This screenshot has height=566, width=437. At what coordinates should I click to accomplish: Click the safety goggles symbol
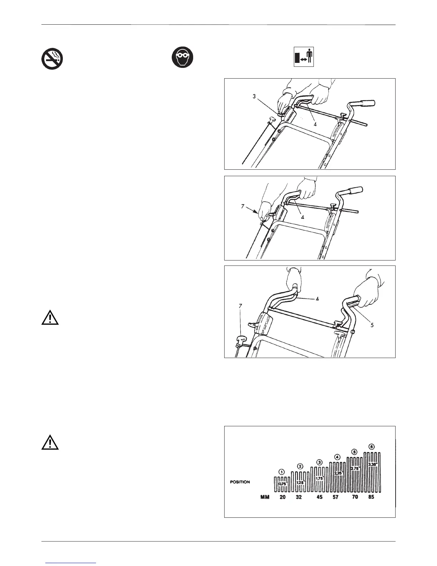tap(182, 58)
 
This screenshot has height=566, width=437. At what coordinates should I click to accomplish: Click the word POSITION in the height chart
tap(240, 482)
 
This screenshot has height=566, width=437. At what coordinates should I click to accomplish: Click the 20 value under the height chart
tap(282, 497)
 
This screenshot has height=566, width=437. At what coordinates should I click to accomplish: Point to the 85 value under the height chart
tap(371, 497)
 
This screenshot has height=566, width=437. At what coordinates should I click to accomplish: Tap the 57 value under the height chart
tap(336, 497)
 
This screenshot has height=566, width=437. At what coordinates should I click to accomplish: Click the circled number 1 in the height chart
tap(282, 472)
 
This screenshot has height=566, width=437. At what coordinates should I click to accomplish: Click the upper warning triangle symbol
tap(50, 317)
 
